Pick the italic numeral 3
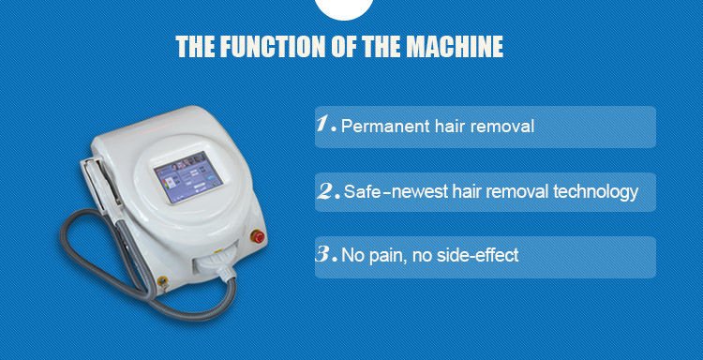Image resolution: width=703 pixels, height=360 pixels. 324,254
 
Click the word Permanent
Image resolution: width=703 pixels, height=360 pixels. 385,127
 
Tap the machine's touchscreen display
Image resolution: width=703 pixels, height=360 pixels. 188,177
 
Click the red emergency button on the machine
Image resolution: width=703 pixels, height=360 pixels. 258,236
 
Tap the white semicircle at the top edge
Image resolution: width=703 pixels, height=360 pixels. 344,9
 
